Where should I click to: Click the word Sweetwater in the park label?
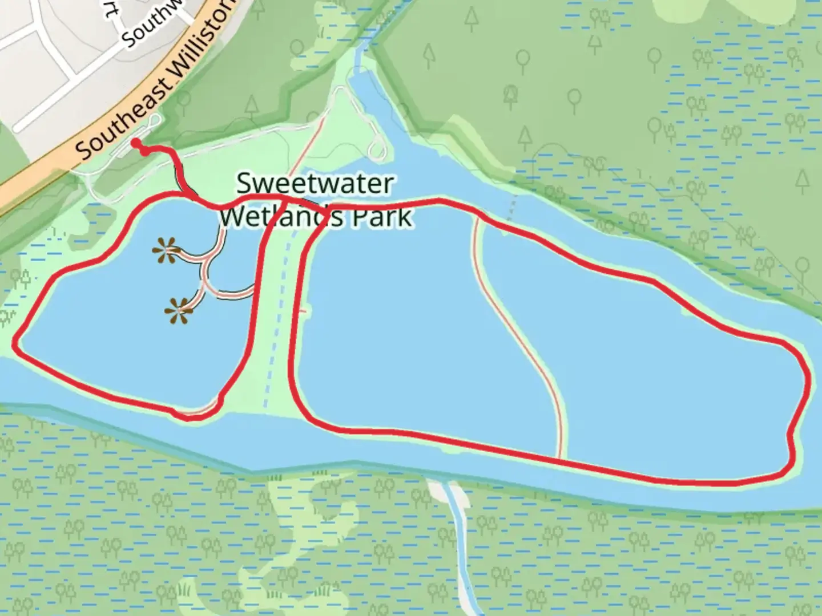315,184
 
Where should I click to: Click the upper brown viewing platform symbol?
166,250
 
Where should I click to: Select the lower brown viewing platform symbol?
179,311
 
